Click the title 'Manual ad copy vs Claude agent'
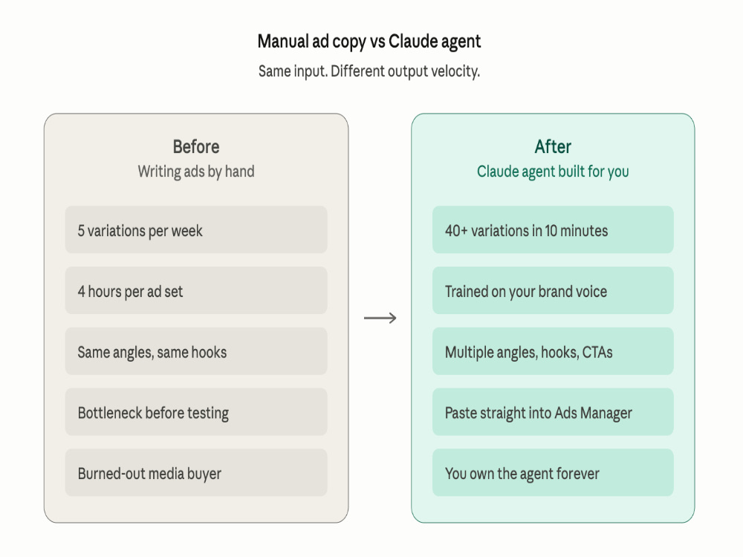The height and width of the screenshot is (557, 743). coord(369,42)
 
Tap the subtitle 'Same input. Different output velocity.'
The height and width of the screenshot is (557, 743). coord(369,71)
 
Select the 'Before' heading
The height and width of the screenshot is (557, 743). coord(196,147)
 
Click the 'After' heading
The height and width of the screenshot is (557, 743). coord(553,147)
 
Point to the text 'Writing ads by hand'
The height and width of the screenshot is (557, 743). coord(196,172)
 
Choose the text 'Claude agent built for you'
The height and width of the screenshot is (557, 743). coord(553,172)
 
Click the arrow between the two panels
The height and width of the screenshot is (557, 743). coord(380,318)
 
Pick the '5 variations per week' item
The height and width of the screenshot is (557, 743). coord(196,229)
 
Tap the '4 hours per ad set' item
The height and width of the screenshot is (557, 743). coord(196,290)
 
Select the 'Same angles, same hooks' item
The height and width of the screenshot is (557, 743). coord(196,351)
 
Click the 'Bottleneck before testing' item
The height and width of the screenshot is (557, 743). coord(196,411)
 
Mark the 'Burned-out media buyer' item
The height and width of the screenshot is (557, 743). coord(196,472)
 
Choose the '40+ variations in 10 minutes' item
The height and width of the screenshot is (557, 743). coord(553,229)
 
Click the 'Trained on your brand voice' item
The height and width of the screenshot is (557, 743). coord(553,290)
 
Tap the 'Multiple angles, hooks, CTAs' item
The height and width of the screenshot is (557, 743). coord(553,351)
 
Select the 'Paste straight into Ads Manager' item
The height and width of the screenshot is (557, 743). coord(553,411)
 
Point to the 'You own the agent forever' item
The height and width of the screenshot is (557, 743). coord(553,472)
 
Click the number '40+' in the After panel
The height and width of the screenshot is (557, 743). coord(456,231)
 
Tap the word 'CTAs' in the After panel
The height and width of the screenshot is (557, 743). coord(597,352)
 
